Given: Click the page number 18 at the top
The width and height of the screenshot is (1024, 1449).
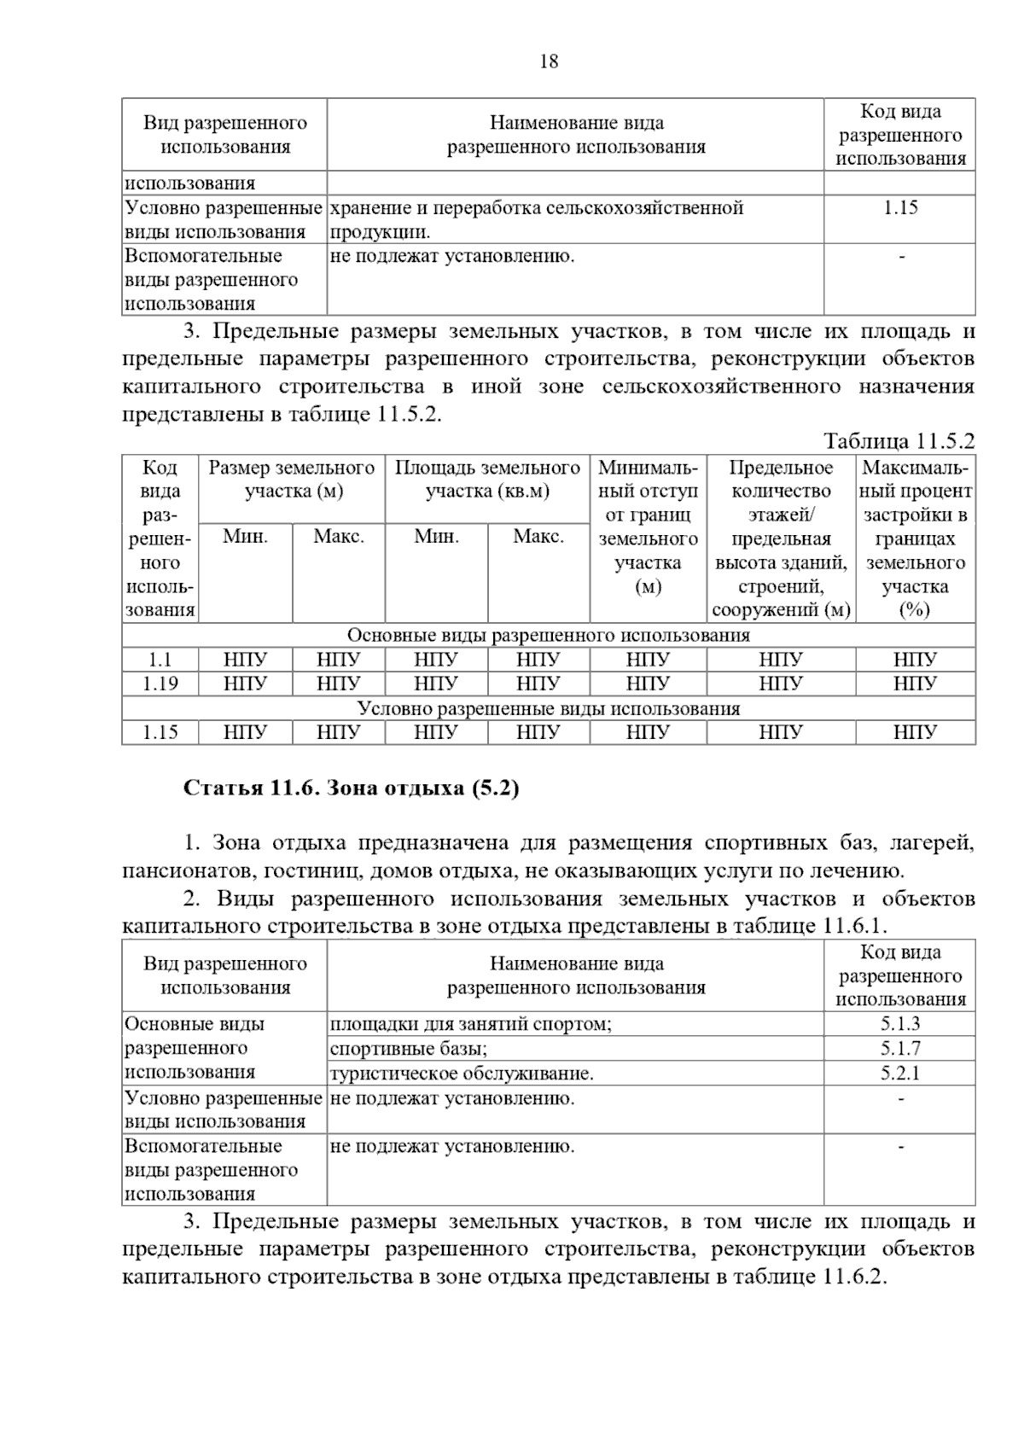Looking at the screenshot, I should click(x=550, y=61).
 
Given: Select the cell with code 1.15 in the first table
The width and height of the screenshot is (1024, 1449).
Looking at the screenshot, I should click(x=900, y=208).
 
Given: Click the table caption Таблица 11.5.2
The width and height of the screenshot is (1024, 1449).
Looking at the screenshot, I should click(x=899, y=441).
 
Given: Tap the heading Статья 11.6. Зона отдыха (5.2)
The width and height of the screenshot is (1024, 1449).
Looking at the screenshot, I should click(x=351, y=788).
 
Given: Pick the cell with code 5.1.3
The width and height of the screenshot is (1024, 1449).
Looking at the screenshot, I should click(x=900, y=1024).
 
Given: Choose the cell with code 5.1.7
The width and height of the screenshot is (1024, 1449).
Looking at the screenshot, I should click(x=900, y=1049).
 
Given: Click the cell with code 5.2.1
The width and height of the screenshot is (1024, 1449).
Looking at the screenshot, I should click(x=900, y=1074).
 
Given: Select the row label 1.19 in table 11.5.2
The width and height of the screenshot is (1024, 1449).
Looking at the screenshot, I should click(x=160, y=684).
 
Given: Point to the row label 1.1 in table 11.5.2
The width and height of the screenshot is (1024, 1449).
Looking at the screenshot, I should click(x=160, y=660).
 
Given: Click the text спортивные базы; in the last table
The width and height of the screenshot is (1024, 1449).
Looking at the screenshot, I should click(x=409, y=1049).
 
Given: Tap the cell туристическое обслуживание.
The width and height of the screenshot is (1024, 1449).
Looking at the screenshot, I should click(x=462, y=1074).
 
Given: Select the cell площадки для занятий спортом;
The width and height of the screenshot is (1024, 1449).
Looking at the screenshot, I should click(x=471, y=1024).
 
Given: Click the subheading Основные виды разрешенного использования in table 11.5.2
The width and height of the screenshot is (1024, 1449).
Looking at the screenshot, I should click(x=548, y=636).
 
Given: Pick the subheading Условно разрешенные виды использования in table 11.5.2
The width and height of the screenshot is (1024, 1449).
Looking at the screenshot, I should click(x=548, y=708).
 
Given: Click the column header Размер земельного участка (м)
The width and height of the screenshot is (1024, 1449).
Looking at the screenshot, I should click(x=292, y=480).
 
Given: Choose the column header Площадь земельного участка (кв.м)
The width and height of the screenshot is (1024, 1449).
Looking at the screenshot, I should click(x=487, y=480).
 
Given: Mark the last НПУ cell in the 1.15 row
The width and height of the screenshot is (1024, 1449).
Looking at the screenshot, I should click(x=915, y=732).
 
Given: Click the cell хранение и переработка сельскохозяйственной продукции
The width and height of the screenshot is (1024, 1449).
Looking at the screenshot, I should click(x=537, y=219).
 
